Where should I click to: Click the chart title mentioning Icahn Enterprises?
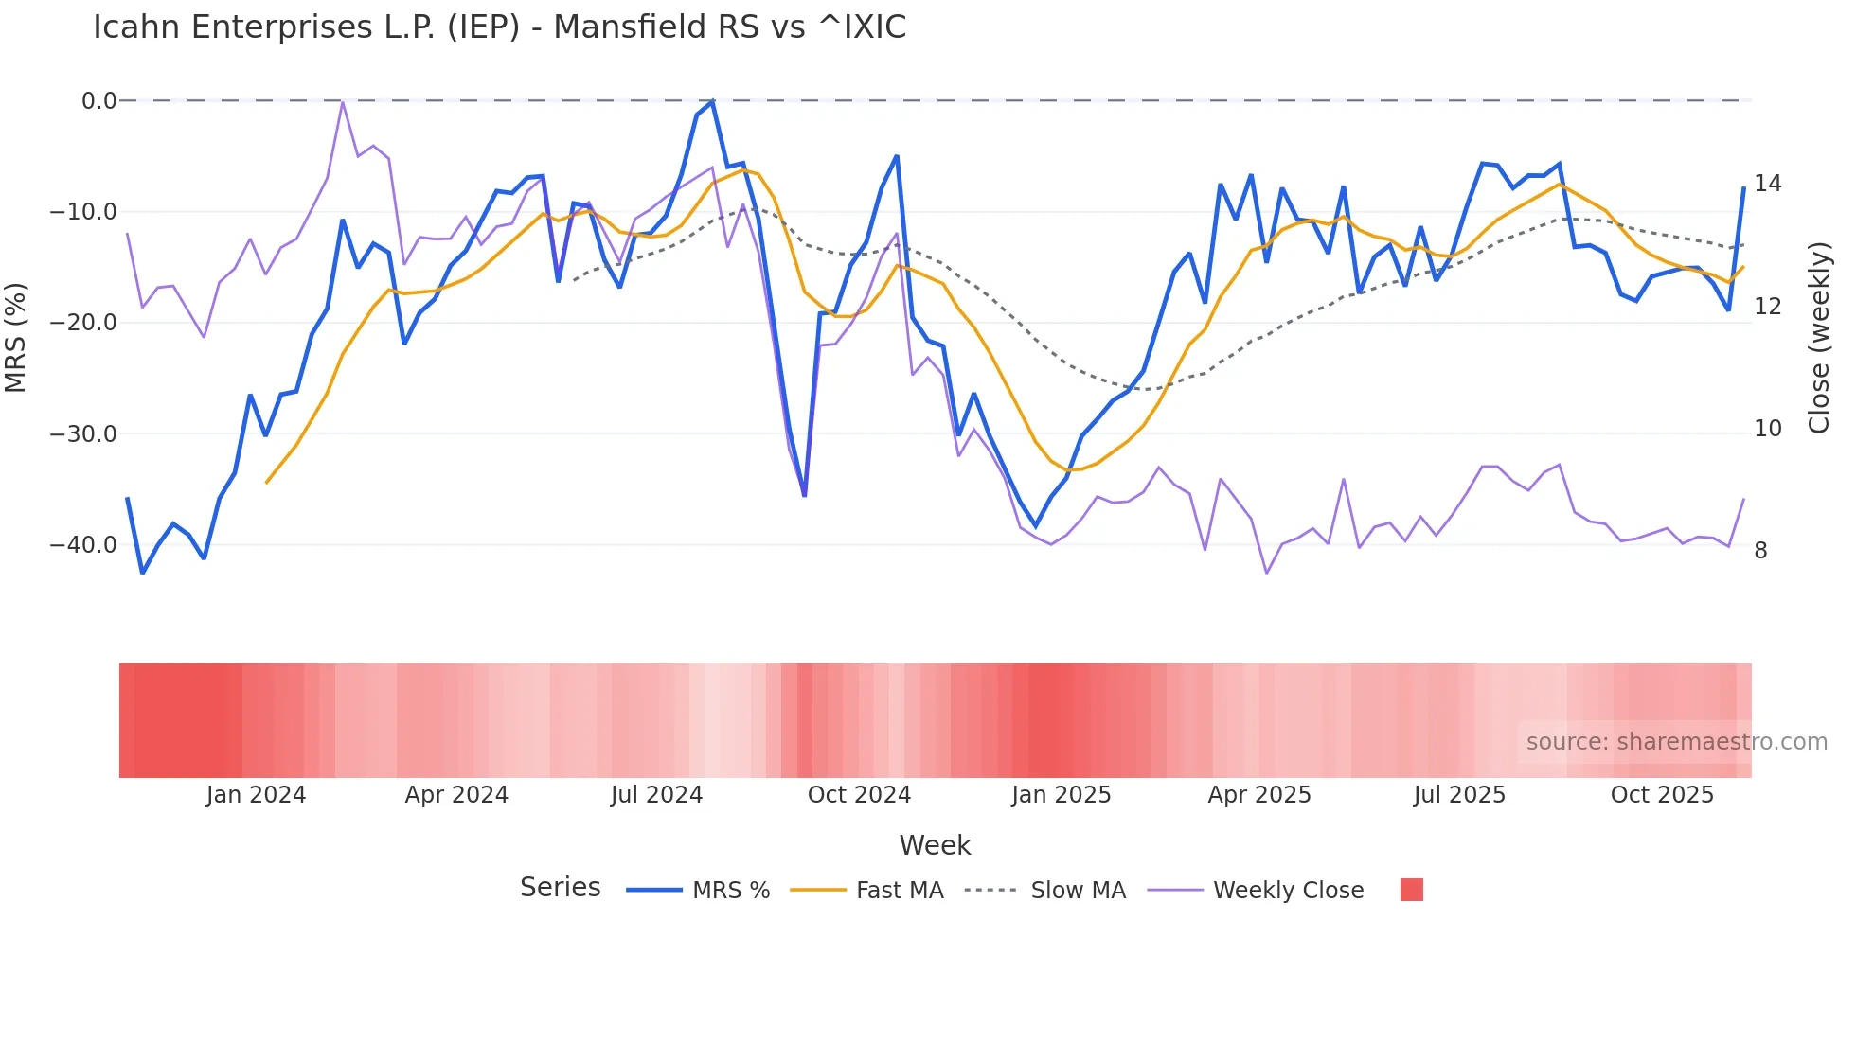(x=499, y=27)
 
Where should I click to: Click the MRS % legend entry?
(x=730, y=891)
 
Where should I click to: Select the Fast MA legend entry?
(x=899, y=891)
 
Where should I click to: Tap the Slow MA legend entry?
(x=1078, y=891)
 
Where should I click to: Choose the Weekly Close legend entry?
(x=1288, y=891)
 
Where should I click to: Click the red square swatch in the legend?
(x=1411, y=890)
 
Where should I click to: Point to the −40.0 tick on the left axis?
(x=82, y=545)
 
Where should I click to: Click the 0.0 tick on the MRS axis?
(x=98, y=100)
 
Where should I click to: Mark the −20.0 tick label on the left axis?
(x=82, y=323)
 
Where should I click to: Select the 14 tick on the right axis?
(x=1767, y=184)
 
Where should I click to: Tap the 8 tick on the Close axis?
(x=1760, y=551)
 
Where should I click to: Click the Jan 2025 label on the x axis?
(x=1061, y=795)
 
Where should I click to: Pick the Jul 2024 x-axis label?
(x=656, y=795)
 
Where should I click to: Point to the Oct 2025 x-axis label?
(x=1662, y=795)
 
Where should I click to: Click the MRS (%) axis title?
(x=16, y=337)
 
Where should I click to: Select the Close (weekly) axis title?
(x=1818, y=337)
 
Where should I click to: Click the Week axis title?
(x=935, y=845)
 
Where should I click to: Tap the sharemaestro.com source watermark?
(x=1676, y=742)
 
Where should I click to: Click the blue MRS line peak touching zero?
(x=712, y=101)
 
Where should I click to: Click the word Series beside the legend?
(x=560, y=888)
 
